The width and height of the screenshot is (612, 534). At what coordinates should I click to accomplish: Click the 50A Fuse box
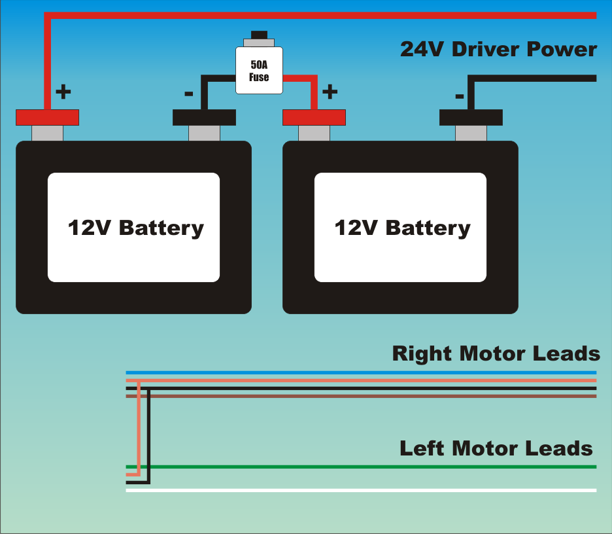[x=259, y=70]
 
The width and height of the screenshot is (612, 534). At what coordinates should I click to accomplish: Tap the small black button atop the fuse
[x=259, y=35]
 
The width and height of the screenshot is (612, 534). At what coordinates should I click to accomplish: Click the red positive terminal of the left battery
[x=47, y=117]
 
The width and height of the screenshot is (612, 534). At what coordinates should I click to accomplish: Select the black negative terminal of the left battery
[x=204, y=117]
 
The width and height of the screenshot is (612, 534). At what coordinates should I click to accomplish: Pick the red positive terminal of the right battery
[x=314, y=117]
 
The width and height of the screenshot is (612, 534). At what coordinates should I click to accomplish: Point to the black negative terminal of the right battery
[x=471, y=117]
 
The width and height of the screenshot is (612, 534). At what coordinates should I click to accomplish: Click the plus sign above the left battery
[x=63, y=91]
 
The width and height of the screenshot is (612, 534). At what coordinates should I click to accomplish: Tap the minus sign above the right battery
[x=460, y=96]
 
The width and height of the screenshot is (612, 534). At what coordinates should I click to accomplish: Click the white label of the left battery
[x=133, y=227]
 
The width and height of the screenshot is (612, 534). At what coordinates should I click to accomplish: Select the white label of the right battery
[x=400, y=227]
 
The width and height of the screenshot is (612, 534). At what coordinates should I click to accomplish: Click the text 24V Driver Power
[x=498, y=50]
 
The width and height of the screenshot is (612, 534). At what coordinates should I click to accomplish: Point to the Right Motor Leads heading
[x=496, y=353]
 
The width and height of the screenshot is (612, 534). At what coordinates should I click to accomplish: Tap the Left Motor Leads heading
[x=496, y=449]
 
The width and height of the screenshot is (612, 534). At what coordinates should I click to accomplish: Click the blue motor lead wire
[x=360, y=372]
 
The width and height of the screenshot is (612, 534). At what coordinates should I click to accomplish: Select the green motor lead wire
[x=360, y=467]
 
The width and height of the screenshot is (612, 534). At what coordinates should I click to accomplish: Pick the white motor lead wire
[x=360, y=490]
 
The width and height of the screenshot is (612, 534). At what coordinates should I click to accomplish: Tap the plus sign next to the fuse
[x=330, y=91]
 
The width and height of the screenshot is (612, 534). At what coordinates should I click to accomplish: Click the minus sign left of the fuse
[x=188, y=94]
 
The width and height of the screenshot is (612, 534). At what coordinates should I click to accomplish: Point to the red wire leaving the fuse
[x=307, y=79]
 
